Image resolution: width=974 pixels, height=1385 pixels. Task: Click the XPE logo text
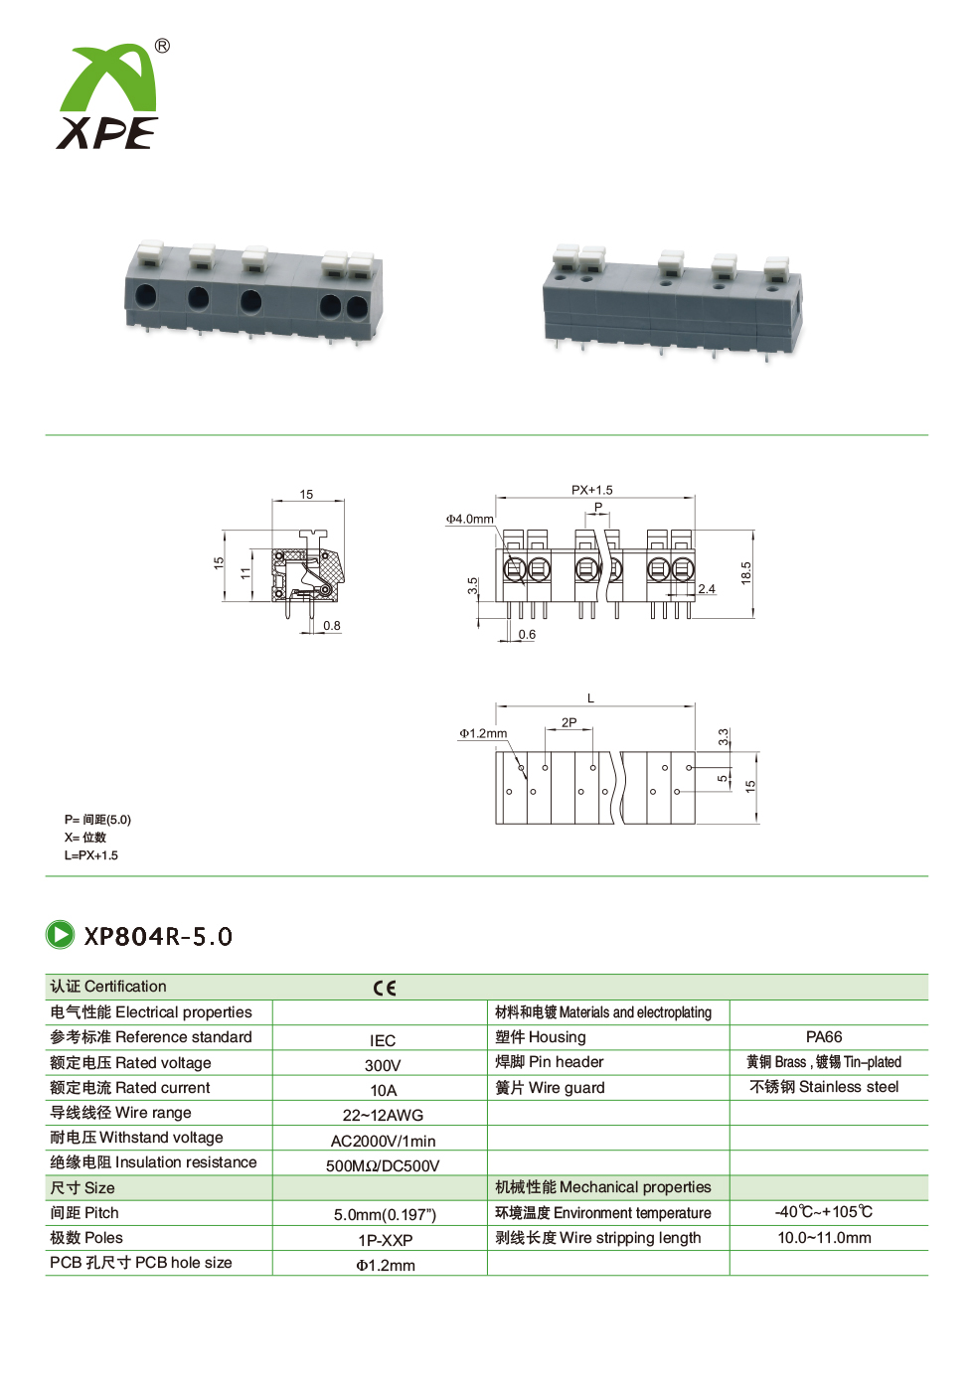[107, 132]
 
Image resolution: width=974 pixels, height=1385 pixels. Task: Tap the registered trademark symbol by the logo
[161, 47]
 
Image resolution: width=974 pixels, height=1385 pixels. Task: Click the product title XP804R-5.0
[158, 936]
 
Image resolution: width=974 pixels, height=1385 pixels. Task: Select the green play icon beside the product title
[60, 935]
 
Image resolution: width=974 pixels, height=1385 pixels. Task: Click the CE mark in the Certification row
[384, 988]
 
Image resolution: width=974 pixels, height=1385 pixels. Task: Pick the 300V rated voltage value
[383, 1065]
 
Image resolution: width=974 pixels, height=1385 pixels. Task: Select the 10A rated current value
[384, 1090]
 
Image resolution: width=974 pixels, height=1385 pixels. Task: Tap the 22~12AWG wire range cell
[383, 1116]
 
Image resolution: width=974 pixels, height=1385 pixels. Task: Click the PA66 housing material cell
[824, 1037]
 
